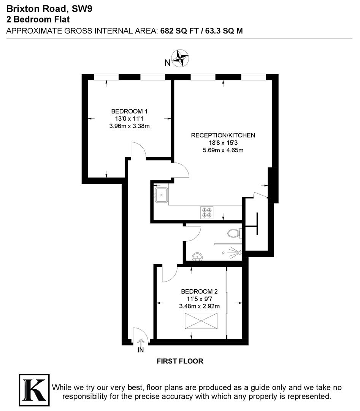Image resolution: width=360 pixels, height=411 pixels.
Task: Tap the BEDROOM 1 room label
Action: click(129, 112)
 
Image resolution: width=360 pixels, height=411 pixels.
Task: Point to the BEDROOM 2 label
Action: click(200, 292)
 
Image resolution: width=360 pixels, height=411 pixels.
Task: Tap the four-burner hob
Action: click(207, 212)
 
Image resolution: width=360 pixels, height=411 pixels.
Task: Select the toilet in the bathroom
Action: click(233, 233)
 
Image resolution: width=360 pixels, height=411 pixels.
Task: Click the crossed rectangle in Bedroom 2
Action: click(201, 320)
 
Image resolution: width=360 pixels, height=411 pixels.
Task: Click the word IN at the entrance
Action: click(141, 350)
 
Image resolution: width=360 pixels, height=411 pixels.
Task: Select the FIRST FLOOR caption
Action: click(180, 361)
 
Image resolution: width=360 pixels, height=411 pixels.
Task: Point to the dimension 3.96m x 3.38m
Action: click(129, 126)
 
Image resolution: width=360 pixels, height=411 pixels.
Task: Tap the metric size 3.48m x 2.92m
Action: click(200, 306)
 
